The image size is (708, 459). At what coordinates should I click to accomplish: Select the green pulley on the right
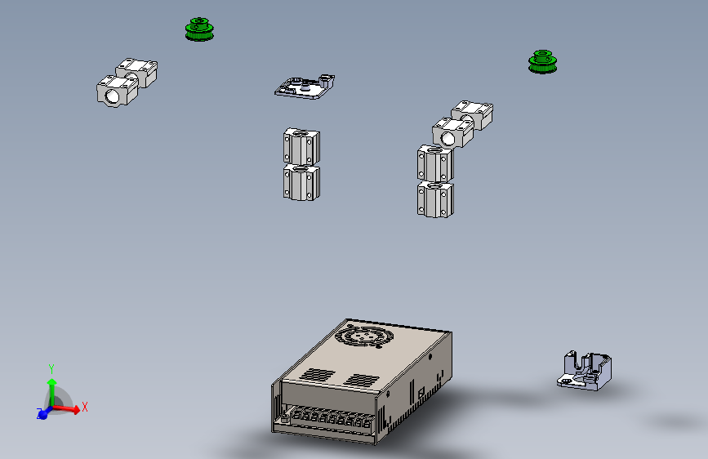pos(541,62)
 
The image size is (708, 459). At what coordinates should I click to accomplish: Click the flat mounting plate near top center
pos(304,86)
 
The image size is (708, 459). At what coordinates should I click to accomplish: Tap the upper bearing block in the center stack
pos(301,145)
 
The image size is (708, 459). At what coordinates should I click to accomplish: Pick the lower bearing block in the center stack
pos(301,181)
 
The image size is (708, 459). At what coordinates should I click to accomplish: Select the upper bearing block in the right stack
pos(434,163)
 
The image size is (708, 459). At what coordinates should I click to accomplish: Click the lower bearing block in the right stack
pos(434,198)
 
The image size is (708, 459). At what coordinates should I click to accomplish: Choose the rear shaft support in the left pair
pos(137,72)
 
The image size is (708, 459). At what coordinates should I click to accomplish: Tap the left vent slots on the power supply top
pos(318,375)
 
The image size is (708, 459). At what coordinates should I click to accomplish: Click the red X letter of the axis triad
pos(85,406)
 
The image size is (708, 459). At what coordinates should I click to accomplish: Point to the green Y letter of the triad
pos(51,368)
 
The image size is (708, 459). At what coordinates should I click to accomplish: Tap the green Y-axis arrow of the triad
pos(51,390)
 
